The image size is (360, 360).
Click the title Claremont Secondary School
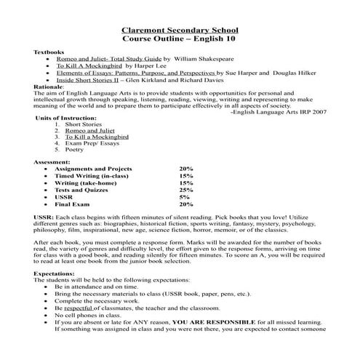click(180, 30)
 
